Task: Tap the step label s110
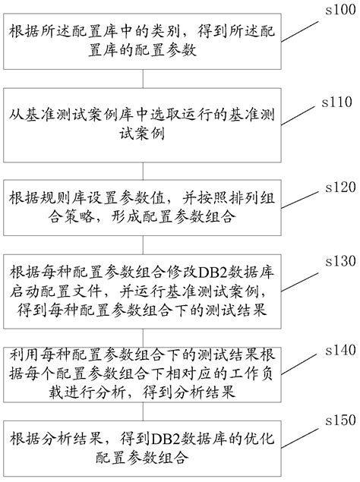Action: (337, 100)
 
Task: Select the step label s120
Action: (337, 185)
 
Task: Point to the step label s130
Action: (337, 260)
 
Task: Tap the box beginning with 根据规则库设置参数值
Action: (144, 208)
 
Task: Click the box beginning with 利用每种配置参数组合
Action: (144, 373)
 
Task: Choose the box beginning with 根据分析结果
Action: (144, 449)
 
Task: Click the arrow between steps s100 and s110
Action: (144, 79)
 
